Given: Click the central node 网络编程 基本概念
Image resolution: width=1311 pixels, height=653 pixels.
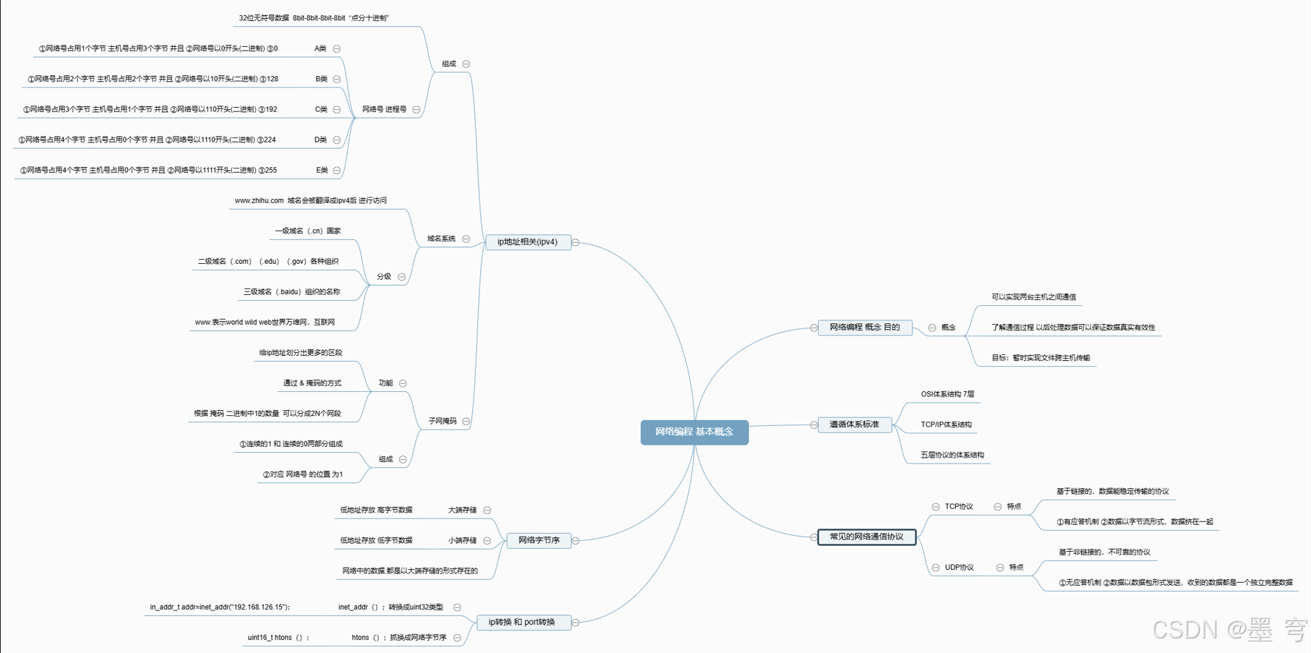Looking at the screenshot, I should (694, 432).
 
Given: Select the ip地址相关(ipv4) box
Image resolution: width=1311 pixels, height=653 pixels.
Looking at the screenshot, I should (528, 242).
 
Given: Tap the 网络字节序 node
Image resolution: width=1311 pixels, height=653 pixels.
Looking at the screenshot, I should (539, 540).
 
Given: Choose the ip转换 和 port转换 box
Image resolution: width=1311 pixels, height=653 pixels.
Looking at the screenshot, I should (522, 622).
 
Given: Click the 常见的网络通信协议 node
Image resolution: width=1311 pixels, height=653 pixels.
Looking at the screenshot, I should (866, 537).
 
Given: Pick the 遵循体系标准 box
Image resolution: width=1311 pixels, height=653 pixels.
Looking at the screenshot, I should (854, 424).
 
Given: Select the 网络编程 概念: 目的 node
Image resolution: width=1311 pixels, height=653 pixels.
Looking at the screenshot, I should (864, 328).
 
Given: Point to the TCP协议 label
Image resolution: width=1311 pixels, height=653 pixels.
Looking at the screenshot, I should (959, 506).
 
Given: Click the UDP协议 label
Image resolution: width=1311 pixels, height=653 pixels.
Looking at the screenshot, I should (960, 568).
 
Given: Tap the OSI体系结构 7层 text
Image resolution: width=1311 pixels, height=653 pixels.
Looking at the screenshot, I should (947, 394).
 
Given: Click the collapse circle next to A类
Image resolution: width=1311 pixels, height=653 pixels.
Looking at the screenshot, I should (337, 48).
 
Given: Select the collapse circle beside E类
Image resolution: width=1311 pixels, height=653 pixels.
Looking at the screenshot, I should (337, 171).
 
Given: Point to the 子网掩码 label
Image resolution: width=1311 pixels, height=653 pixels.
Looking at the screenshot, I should (442, 421).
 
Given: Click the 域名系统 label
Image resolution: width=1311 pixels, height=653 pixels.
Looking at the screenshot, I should (441, 239).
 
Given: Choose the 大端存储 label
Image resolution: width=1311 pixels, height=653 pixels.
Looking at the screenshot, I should (462, 510).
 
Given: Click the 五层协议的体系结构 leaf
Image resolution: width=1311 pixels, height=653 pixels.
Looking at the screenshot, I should (952, 455).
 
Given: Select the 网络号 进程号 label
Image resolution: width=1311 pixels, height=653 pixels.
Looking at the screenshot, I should (384, 109).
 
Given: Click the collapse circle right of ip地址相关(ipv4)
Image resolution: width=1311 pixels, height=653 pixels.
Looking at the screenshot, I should (576, 242).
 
